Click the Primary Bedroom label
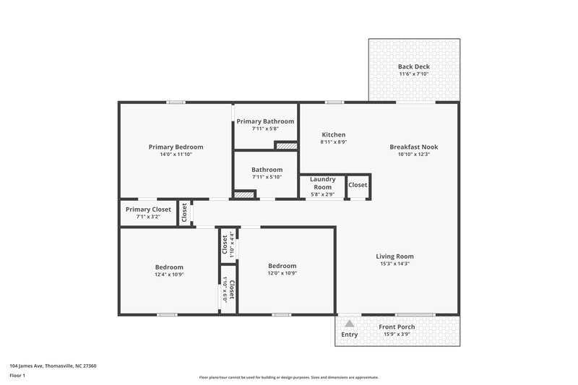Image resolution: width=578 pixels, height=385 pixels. click(176, 147)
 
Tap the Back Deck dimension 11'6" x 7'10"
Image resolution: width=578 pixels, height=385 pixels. click(414, 74)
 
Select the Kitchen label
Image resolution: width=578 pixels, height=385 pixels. click(333, 135)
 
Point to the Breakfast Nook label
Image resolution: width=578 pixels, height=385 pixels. click(413, 147)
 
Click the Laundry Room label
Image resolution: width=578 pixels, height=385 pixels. click(322, 183)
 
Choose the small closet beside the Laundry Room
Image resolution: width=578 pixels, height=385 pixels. click(358, 185)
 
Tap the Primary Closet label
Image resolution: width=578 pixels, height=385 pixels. click(148, 209)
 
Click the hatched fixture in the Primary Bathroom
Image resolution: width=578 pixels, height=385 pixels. click(287, 145)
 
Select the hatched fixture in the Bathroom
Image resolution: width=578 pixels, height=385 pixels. click(245, 194)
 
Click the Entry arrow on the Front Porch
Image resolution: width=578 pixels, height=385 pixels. click(350, 324)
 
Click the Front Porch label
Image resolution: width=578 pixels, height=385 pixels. click(397, 326)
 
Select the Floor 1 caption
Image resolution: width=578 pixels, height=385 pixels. click(18, 376)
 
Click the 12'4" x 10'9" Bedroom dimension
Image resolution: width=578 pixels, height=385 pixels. click(169, 274)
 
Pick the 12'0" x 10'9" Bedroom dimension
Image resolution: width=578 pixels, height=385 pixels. click(282, 273)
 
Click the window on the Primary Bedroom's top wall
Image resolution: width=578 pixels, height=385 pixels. click(176, 102)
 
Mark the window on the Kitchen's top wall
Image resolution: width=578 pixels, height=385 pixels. click(333, 102)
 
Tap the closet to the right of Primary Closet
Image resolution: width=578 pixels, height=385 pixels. click(184, 212)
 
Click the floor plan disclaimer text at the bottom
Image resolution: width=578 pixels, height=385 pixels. click(288, 377)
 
